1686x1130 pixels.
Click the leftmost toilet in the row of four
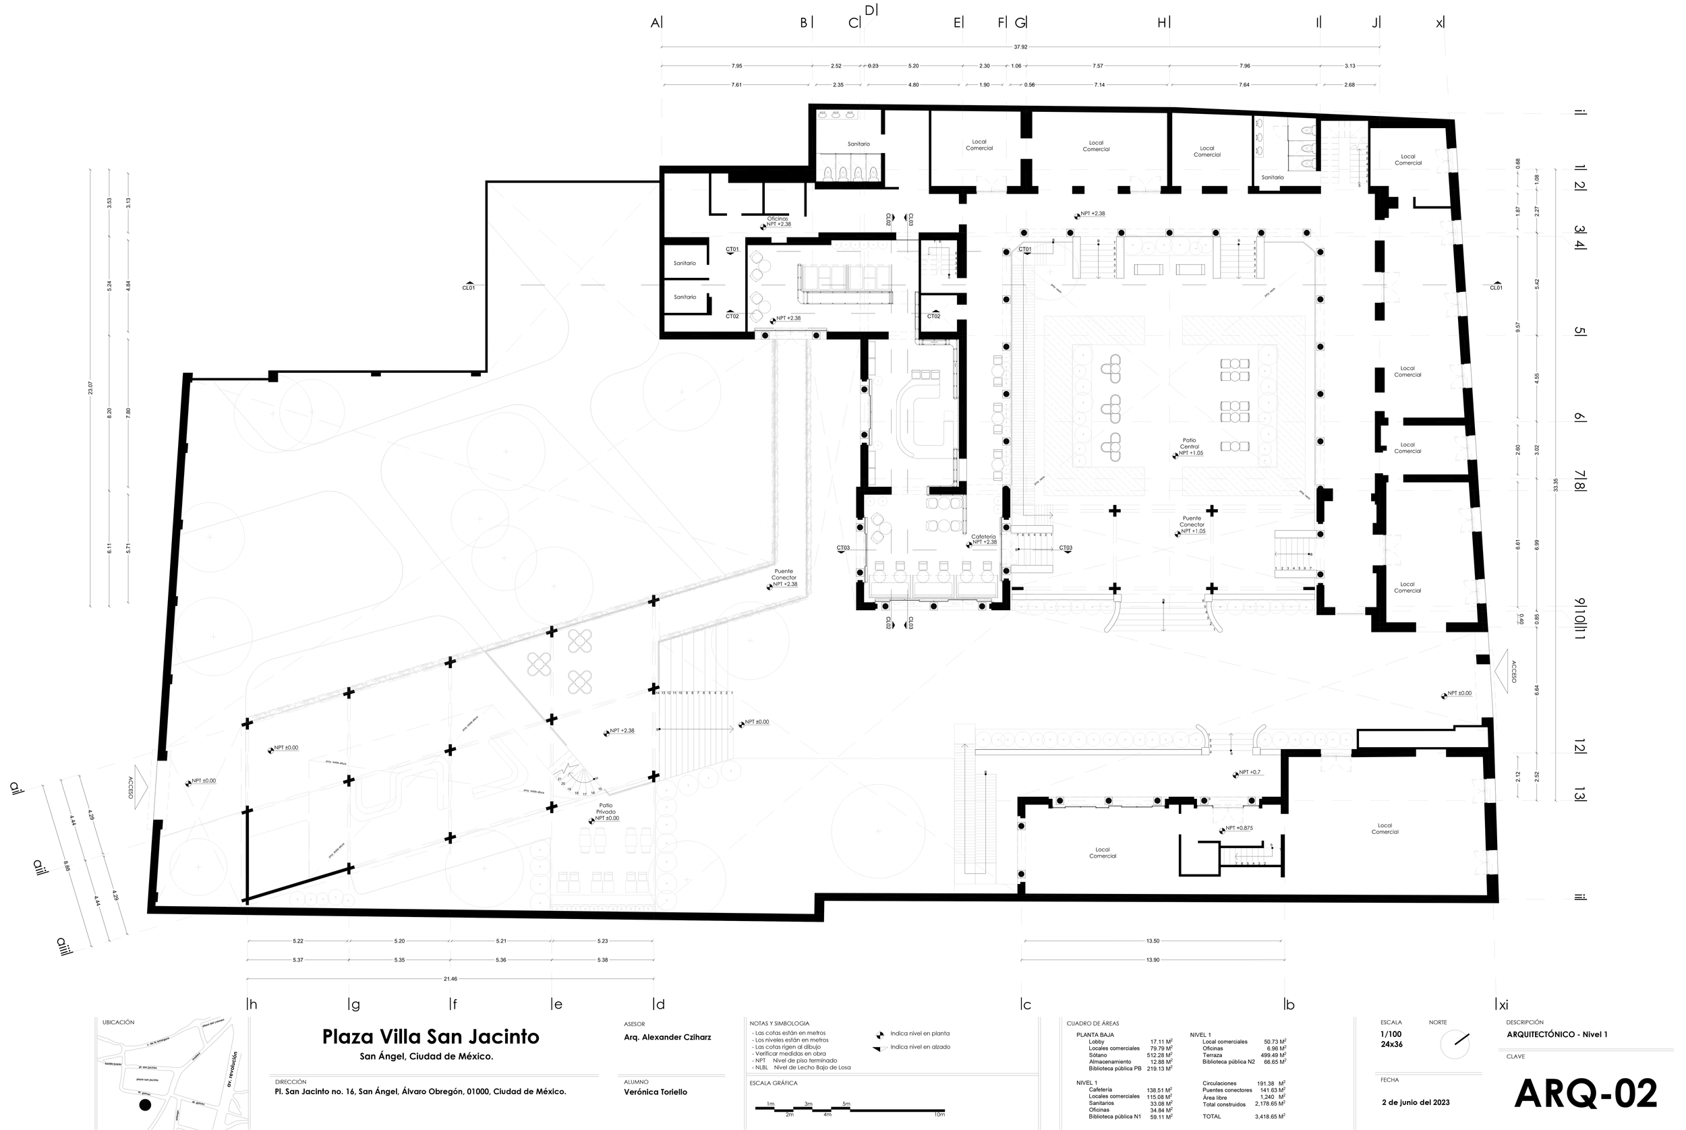click(828, 175)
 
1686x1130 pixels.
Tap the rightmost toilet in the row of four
click(873, 175)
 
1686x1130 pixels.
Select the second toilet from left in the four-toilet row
click(842, 175)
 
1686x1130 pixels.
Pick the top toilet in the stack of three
click(1308, 130)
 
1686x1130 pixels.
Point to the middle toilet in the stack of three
click(1308, 148)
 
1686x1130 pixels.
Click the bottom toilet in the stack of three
click(1308, 165)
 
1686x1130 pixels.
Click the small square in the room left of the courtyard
click(949, 416)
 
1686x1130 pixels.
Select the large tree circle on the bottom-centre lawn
click(878, 831)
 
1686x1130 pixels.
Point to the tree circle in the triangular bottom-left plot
click(198, 868)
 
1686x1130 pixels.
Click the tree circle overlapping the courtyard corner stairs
click(1049, 272)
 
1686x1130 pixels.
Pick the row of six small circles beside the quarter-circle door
click(859, 245)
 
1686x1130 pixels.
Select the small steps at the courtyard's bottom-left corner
click(1044, 514)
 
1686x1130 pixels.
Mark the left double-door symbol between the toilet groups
click(991, 185)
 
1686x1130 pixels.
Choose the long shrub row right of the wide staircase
click(1089, 740)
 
